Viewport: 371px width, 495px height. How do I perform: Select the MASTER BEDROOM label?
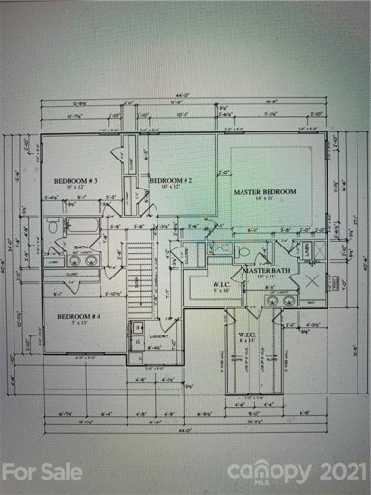(263, 192)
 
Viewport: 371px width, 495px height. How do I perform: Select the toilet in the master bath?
(244, 250)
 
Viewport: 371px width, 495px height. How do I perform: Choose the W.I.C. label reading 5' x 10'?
(220, 286)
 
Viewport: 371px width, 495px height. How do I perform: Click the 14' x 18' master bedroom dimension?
(263, 200)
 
